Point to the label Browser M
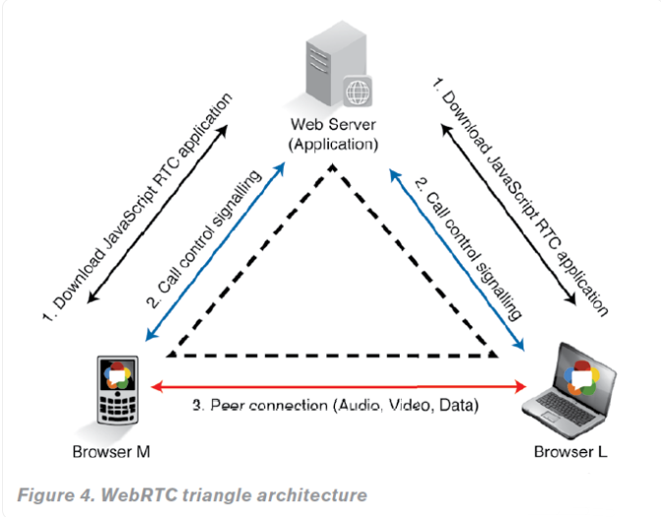(x=110, y=452)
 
